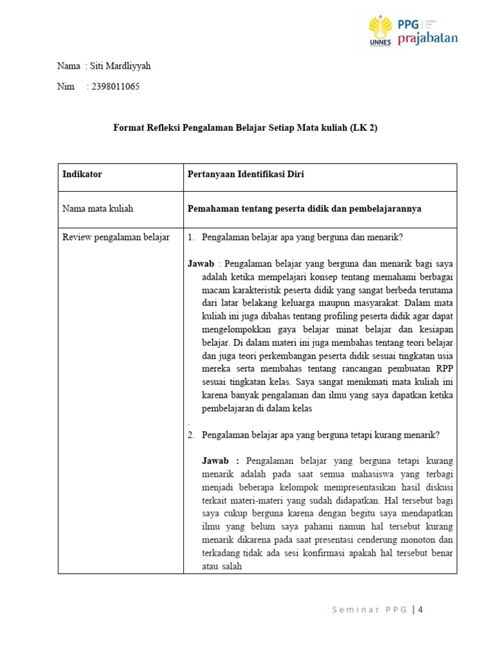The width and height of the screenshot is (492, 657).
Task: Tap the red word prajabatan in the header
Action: (428, 38)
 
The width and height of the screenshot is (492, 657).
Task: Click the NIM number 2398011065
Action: (115, 87)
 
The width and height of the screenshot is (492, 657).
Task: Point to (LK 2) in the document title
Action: (364, 128)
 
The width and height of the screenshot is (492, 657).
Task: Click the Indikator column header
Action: (82, 174)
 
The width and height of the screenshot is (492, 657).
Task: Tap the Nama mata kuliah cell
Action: (97, 209)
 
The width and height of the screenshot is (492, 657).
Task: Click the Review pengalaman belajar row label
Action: (115, 237)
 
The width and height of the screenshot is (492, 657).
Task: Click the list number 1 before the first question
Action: (191, 237)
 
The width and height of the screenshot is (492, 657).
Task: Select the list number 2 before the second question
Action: (191, 434)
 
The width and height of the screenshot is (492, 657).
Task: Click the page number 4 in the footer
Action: (420, 610)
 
